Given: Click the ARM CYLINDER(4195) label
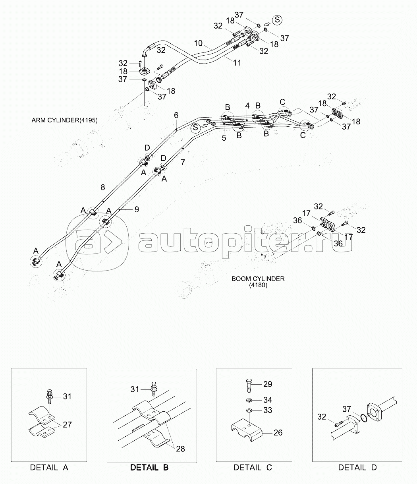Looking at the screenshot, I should click(x=64, y=120).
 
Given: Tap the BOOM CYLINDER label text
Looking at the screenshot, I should click(x=258, y=279).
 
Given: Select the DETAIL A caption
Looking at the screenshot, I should click(x=49, y=467).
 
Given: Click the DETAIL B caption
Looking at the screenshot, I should click(x=149, y=467).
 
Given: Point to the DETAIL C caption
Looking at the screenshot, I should click(x=253, y=467).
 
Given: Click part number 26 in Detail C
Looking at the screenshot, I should click(x=278, y=432).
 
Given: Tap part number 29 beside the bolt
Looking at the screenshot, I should click(x=268, y=384).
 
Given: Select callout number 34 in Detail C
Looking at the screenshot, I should click(x=268, y=400).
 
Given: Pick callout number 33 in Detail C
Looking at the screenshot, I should click(x=268, y=410).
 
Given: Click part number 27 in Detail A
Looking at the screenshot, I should click(x=67, y=424).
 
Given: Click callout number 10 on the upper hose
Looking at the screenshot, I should click(x=199, y=43).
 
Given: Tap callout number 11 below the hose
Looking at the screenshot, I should click(x=237, y=63).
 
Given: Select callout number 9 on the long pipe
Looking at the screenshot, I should click(x=136, y=209).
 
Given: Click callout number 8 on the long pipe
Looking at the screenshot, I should click(x=102, y=187).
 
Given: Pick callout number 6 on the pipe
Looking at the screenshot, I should click(x=176, y=115).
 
